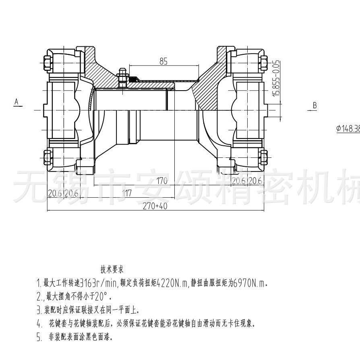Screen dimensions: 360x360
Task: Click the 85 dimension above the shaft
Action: tap(163, 62)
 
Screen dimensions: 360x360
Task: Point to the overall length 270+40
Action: tap(155, 206)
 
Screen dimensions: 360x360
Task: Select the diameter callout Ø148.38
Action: tap(348, 129)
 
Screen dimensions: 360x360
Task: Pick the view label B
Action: tap(315, 106)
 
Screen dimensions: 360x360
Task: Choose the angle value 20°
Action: tap(101, 297)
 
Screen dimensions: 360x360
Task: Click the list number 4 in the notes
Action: tap(39, 323)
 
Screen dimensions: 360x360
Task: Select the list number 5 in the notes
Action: tap(39, 337)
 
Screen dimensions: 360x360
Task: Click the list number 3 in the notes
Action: tap(39, 310)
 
